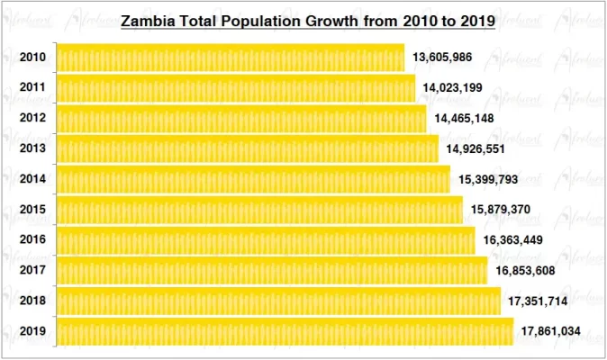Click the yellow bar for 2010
pyautogui.click(x=230, y=58)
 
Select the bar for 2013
pyautogui.click(x=247, y=148)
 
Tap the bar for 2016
pyautogui.click(x=265, y=240)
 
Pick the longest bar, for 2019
pyautogui.click(x=285, y=331)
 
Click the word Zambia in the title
pyautogui.click(x=149, y=20)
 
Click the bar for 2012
pyautogui.click(x=241, y=118)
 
